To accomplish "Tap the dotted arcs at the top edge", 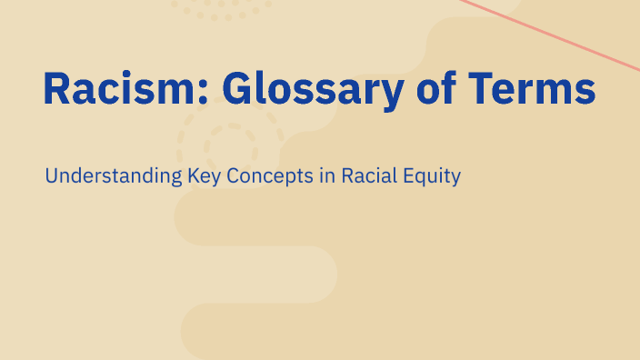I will click(x=222, y=10).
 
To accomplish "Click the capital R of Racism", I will click(x=56, y=89).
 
